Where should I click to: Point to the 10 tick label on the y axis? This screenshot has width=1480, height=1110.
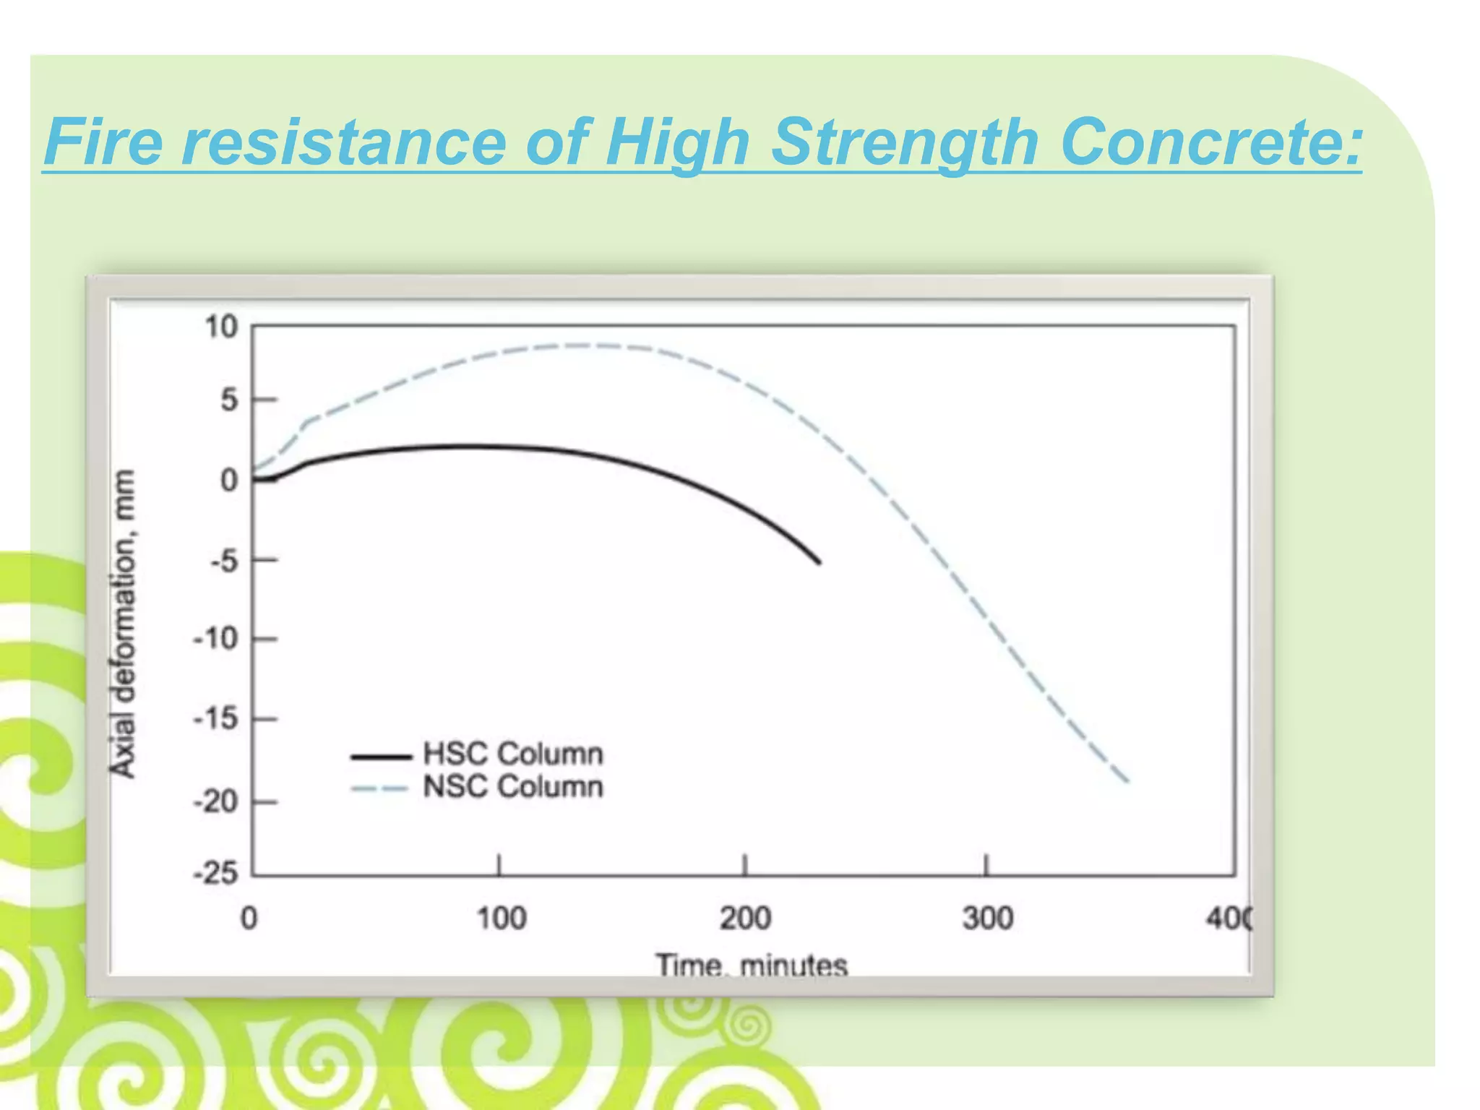click(x=221, y=327)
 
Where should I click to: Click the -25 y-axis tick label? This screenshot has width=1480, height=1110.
click(x=215, y=874)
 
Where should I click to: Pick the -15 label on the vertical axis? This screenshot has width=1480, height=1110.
click(x=215, y=719)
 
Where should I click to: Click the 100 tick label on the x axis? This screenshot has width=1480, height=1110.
click(x=501, y=918)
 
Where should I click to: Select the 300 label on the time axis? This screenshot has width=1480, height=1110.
click(x=988, y=918)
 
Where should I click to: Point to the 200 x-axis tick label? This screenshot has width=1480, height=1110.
click(x=745, y=918)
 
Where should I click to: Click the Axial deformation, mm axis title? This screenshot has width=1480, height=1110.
click(x=123, y=623)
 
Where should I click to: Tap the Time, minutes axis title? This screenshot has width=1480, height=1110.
click(x=751, y=965)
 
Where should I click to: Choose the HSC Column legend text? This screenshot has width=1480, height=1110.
click(x=512, y=754)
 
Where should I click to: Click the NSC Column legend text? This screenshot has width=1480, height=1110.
click(x=512, y=787)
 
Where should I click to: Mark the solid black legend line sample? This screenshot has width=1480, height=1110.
click(x=381, y=757)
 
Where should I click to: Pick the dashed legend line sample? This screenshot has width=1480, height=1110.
click(x=381, y=789)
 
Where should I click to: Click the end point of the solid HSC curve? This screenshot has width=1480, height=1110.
click(x=819, y=563)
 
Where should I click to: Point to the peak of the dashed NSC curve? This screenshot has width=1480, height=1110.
click(x=585, y=345)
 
